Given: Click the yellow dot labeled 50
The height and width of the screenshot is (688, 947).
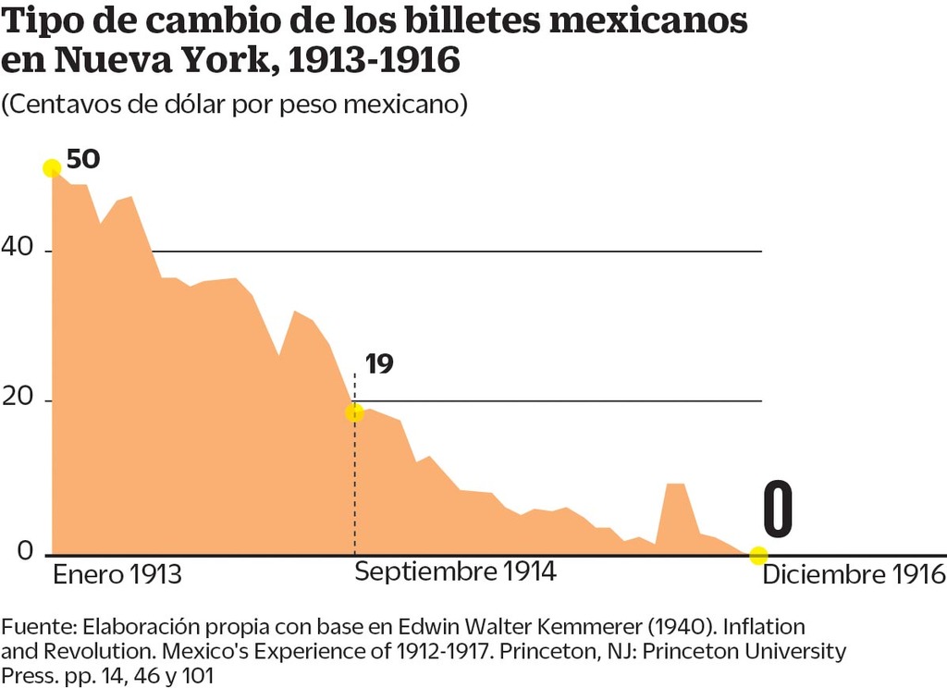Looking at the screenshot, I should [52, 167].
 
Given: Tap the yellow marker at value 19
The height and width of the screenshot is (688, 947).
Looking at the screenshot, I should [354, 412].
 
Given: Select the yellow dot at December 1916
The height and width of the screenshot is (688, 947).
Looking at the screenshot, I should [758, 555].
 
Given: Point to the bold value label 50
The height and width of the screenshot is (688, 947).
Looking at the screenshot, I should [83, 159].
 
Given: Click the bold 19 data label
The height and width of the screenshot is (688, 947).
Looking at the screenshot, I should [379, 363].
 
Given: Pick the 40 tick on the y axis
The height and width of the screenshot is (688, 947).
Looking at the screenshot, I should [20, 249].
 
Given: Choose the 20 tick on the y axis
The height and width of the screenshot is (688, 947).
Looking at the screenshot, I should [20, 399].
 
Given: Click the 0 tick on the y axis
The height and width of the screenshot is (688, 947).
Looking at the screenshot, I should [25, 552].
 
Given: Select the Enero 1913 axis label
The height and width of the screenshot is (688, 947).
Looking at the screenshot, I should [117, 574].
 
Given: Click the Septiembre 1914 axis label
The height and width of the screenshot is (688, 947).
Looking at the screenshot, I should [455, 571].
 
